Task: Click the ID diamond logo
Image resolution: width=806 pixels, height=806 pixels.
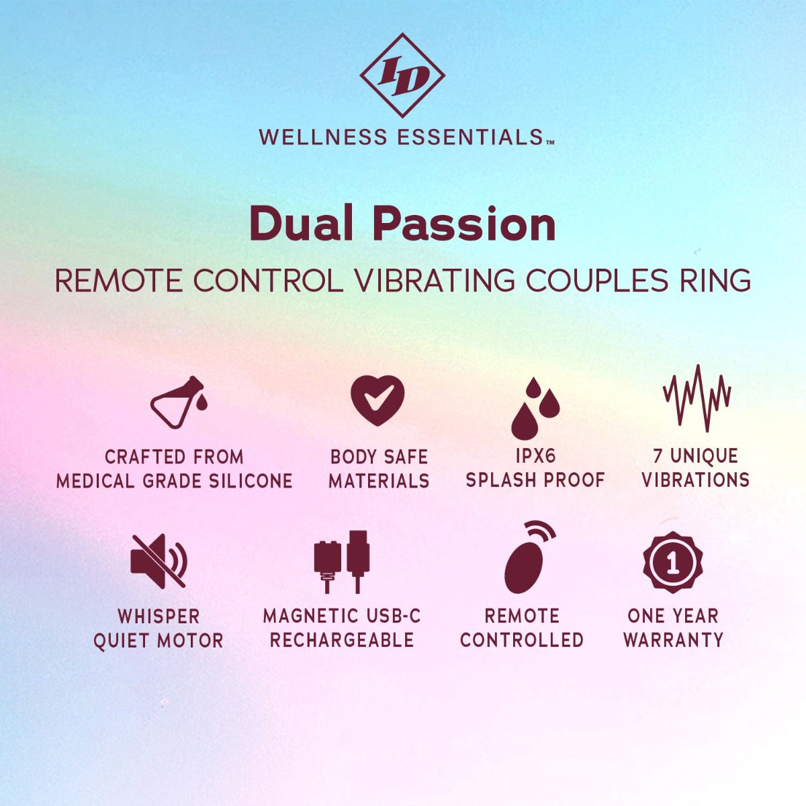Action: [402, 76]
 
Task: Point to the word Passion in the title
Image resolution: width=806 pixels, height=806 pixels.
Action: [464, 224]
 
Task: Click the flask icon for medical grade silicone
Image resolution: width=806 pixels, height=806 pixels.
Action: [178, 403]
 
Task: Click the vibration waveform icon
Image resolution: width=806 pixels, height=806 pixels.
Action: [697, 397]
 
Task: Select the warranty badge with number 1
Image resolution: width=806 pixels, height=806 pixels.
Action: [672, 562]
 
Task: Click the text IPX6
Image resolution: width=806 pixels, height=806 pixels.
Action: [535, 456]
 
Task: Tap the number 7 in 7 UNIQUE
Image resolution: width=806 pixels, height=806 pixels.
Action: [658, 456]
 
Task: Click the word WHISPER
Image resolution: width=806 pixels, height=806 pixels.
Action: [159, 616]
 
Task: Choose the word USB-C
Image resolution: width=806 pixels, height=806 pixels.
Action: [394, 616]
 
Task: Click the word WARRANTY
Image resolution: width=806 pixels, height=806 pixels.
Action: [673, 639]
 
